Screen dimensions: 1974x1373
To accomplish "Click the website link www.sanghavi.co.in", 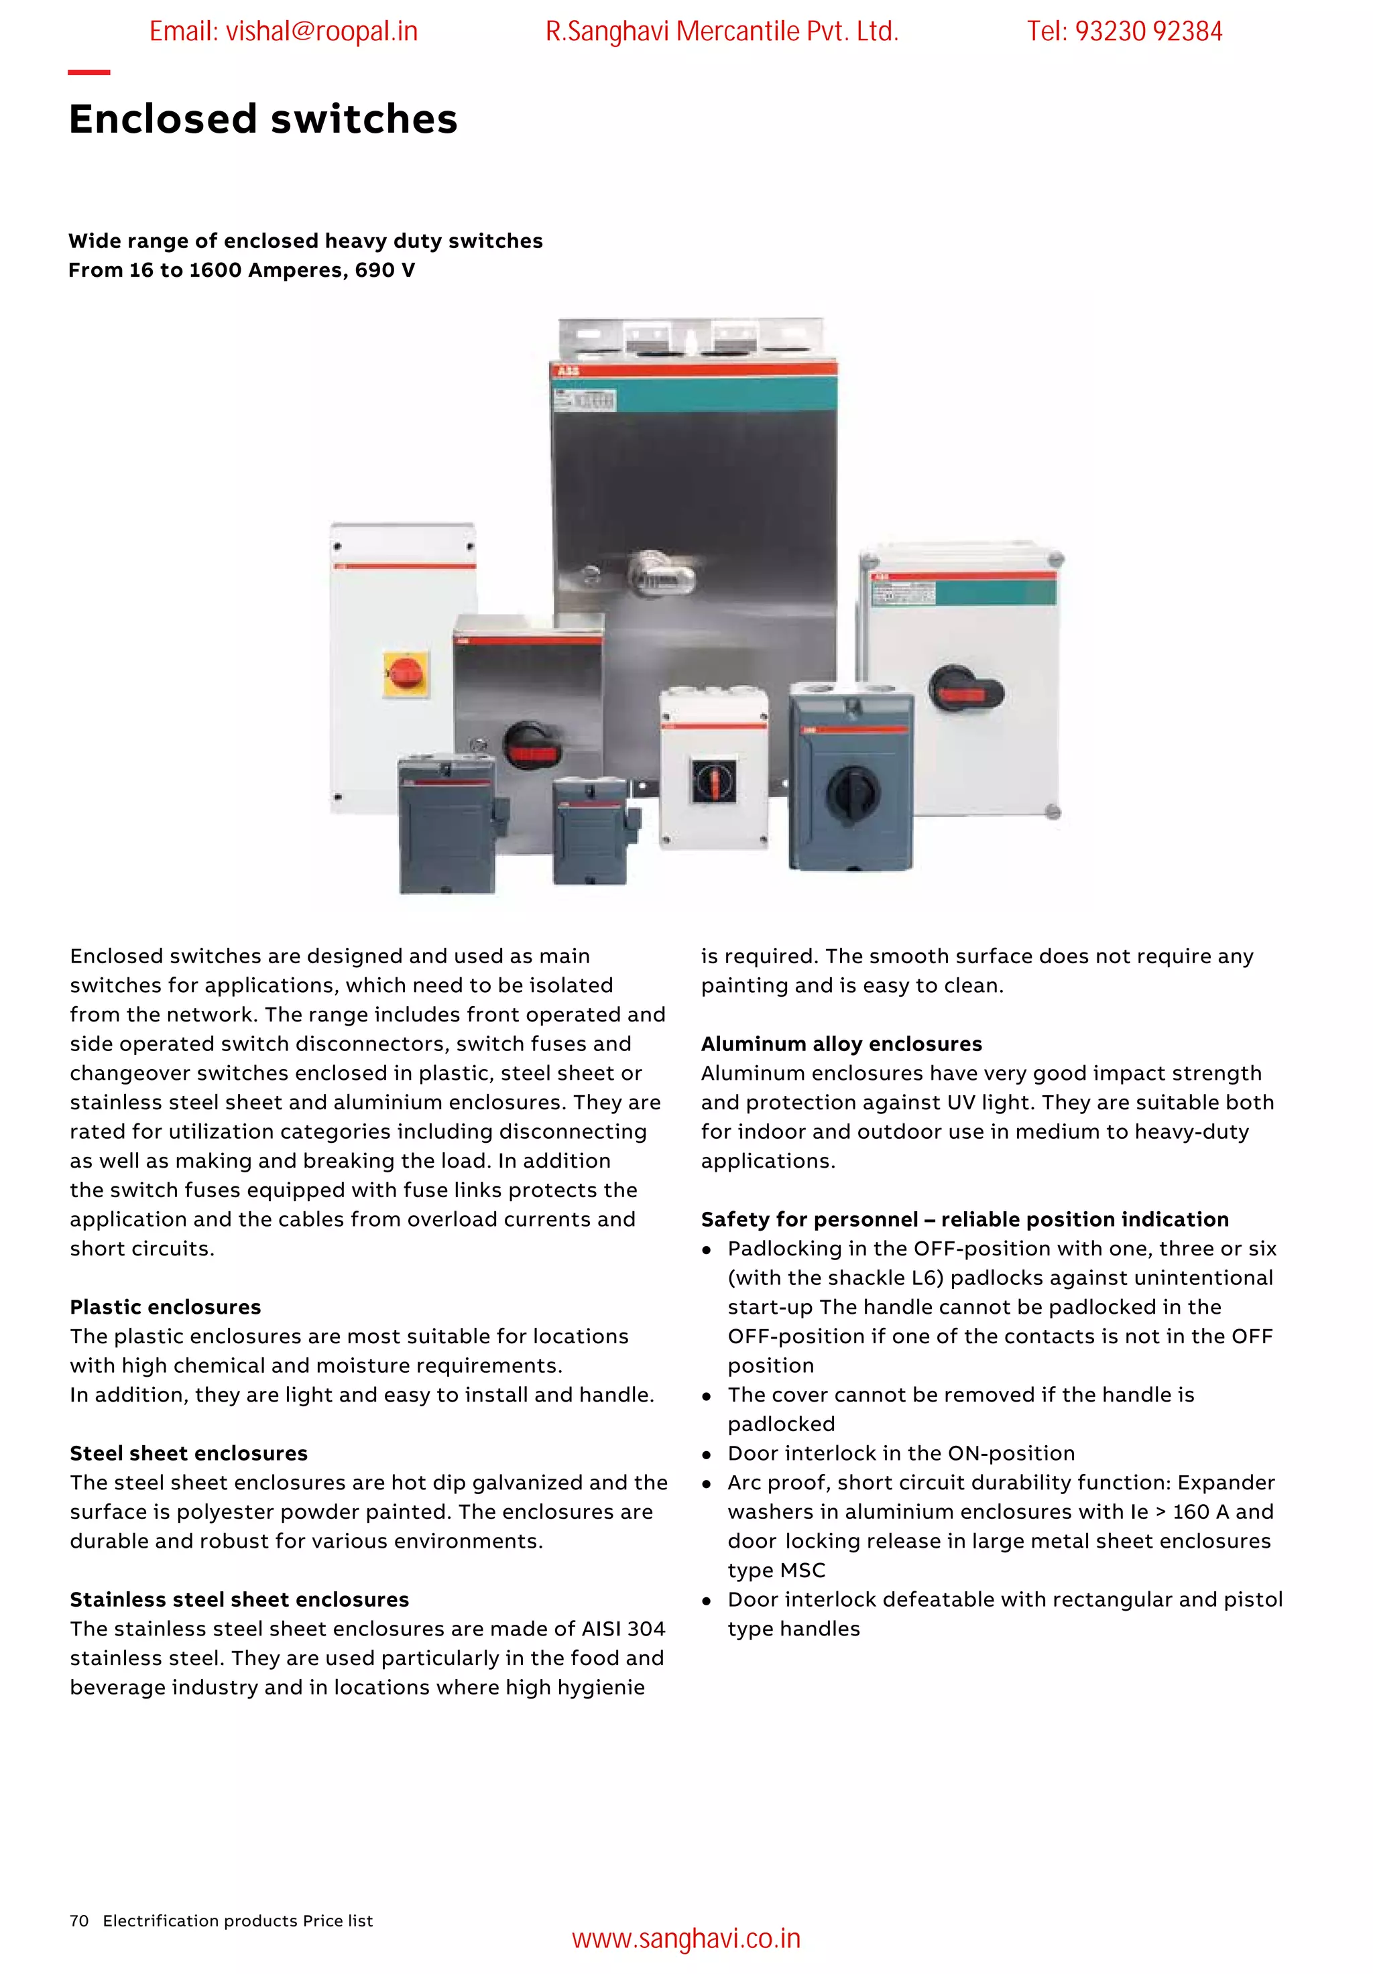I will coord(685,1938).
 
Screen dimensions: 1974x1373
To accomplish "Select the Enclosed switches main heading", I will coord(263,119).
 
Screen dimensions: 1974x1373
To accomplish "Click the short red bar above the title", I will coord(88,72).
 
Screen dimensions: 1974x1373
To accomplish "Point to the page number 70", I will coord(79,1920).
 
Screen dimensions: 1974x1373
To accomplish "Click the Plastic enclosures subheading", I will coord(165,1307).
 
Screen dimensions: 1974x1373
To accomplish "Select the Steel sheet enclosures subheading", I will coord(188,1453).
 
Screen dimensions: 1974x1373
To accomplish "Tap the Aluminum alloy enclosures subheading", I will coord(841,1044).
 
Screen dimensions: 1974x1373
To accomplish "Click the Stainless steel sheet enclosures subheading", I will coord(239,1599).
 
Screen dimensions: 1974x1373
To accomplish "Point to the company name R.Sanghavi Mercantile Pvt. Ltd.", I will coord(721,32).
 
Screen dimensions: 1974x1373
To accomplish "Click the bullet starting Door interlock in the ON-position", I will coord(900,1453).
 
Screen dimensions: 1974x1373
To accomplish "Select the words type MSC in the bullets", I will coord(776,1570).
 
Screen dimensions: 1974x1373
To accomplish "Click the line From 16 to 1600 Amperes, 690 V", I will coord(241,270).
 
